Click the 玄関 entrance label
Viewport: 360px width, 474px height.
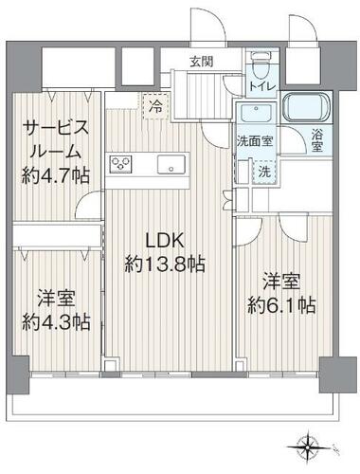click(x=201, y=62)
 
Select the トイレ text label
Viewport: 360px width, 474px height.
click(x=263, y=86)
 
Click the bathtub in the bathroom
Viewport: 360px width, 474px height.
click(x=306, y=107)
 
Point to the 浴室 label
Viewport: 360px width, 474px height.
click(x=317, y=140)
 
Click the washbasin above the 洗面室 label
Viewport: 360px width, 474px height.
click(x=256, y=113)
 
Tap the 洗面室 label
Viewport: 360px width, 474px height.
click(x=255, y=140)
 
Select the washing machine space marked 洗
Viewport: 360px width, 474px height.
click(x=264, y=172)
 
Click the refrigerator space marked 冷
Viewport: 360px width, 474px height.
click(x=155, y=106)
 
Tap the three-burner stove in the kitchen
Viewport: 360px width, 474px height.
click(x=120, y=164)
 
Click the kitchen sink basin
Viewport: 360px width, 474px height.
click(x=171, y=164)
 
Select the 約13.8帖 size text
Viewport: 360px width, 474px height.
click(x=165, y=264)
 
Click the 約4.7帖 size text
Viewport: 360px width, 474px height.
click(x=56, y=175)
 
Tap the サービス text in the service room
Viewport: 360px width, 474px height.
click(x=56, y=129)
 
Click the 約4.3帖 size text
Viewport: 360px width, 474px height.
click(x=56, y=322)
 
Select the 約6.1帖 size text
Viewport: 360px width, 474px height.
click(x=281, y=305)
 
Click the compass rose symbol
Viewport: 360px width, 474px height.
click(x=307, y=447)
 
